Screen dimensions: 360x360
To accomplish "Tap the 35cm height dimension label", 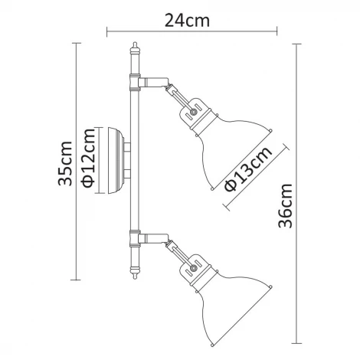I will (66, 162).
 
